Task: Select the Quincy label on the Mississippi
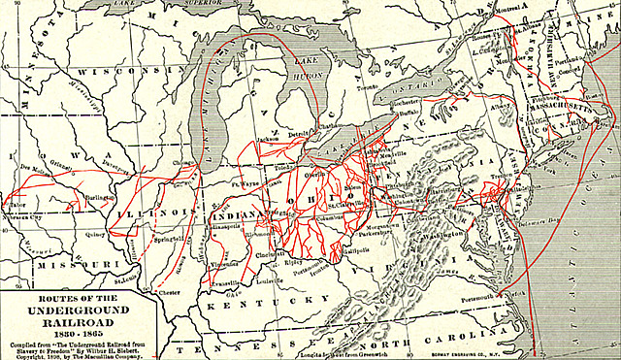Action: [x=94, y=232]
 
